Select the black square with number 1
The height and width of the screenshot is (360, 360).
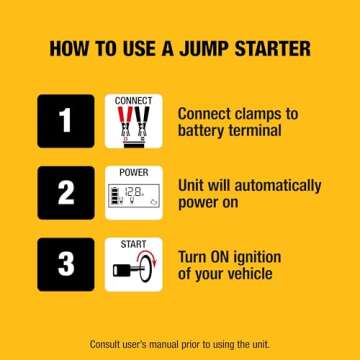65,121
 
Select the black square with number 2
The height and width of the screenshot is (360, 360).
65,192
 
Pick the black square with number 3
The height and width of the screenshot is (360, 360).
65,263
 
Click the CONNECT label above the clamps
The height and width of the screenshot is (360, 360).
133,102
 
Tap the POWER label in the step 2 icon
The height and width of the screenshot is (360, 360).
133,173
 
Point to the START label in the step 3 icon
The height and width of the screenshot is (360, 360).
133,244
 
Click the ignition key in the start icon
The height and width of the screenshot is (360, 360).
126,270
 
